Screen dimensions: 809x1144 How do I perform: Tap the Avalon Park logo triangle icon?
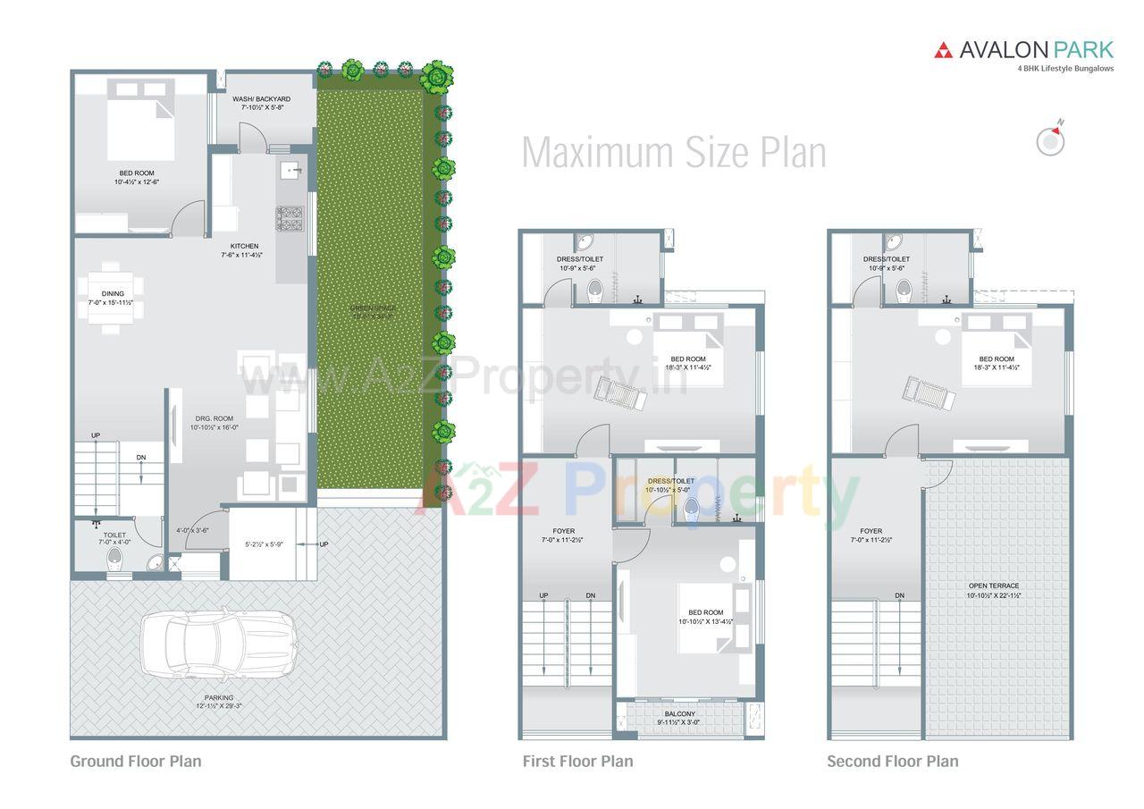[x=943, y=51]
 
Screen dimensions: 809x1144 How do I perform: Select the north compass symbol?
[x=1049, y=140]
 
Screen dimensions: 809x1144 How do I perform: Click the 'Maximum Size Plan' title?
[x=673, y=152]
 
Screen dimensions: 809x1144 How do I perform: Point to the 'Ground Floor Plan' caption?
[x=136, y=762]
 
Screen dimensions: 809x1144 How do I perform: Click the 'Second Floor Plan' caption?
[x=892, y=762]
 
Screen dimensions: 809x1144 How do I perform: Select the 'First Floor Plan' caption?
[x=577, y=762]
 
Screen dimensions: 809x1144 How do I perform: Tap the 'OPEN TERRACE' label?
[x=993, y=586]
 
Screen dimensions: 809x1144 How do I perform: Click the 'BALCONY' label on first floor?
[x=679, y=714]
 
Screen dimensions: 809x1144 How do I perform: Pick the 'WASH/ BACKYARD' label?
[x=261, y=99]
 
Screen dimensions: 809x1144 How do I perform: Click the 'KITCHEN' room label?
[x=244, y=246]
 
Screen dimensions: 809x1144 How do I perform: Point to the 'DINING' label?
[x=113, y=294]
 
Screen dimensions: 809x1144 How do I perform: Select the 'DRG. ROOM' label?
[x=214, y=418]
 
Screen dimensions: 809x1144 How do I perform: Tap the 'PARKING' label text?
[x=219, y=697]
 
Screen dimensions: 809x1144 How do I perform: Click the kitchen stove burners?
[x=290, y=215]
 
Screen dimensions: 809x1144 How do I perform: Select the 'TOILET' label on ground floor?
[x=114, y=535]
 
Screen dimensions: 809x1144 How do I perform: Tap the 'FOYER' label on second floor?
[x=871, y=531]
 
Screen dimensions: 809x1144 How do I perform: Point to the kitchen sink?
[x=290, y=170]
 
